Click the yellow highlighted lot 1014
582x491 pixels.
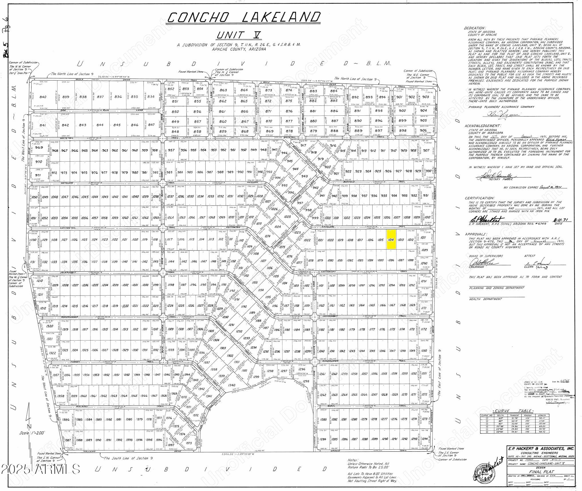pos(391,239)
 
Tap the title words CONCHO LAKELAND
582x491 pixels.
pos(244,18)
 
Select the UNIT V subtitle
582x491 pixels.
pos(238,35)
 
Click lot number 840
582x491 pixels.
pos(43,97)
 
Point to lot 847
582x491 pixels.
pos(152,125)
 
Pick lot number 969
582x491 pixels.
pos(39,148)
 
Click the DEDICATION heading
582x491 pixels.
pos(475,28)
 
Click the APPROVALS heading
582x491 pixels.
pos(475,234)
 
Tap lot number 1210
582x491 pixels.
pos(40,281)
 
